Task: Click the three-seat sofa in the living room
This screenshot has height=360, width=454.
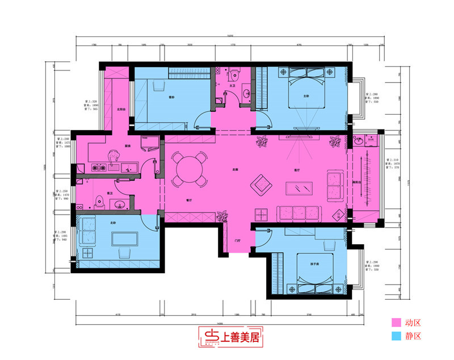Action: point(299,213)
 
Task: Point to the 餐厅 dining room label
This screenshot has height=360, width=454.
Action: point(188,200)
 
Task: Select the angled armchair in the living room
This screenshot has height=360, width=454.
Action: point(261,183)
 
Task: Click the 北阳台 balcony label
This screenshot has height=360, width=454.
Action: point(121,109)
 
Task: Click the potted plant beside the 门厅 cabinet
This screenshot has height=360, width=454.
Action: point(222,216)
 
